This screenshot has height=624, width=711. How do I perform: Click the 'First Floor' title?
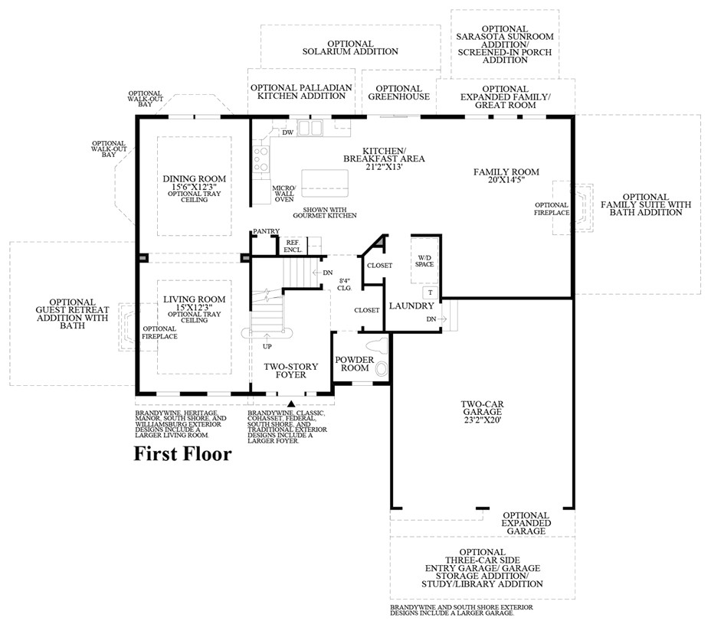click(182, 454)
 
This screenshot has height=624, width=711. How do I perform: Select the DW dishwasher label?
click(288, 132)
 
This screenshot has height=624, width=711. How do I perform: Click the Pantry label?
click(266, 230)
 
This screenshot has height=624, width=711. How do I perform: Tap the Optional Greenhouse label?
click(398, 93)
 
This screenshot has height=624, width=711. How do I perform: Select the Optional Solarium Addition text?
click(349, 47)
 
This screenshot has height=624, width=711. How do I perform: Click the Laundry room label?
click(411, 305)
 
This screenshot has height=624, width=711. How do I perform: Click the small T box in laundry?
click(430, 293)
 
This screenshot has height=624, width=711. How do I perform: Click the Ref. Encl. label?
click(293, 245)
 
